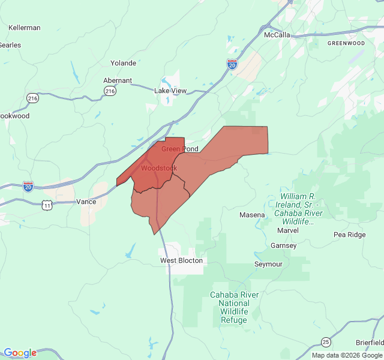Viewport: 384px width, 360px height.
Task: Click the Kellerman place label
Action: (25, 28)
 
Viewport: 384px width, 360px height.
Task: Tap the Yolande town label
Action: (123, 63)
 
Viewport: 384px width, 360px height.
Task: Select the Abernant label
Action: (118, 80)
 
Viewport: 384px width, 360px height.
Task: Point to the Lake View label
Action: (170, 91)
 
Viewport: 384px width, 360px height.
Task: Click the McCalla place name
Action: (277, 35)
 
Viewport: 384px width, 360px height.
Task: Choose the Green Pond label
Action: (179, 149)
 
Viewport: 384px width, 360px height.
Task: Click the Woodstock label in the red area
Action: (159, 168)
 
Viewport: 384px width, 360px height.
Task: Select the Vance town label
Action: (86, 202)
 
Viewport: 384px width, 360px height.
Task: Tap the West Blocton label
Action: (182, 261)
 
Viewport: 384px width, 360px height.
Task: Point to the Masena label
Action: (252, 215)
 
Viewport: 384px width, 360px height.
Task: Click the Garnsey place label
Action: (284, 245)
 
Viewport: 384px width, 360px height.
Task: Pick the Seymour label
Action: (268, 264)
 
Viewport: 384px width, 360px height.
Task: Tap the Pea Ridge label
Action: (349, 235)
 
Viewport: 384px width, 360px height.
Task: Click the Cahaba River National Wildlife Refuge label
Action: (234, 307)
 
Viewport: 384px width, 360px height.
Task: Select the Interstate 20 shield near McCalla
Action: (232, 64)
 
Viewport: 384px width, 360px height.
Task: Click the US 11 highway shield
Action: (47, 205)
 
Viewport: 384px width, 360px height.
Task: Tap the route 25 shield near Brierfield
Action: (325, 341)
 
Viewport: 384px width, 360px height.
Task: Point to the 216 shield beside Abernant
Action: (109, 91)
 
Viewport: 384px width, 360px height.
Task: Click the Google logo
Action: (20, 353)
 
